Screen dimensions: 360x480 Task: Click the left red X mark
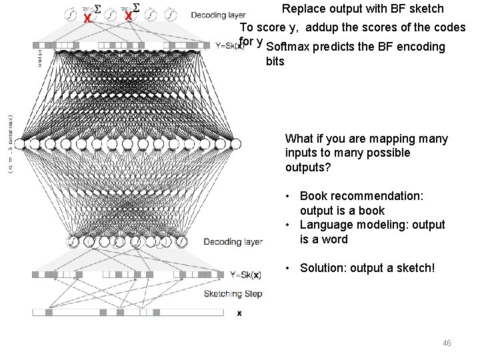87,18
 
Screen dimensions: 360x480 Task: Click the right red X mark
129,16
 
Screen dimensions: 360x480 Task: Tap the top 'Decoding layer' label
218,15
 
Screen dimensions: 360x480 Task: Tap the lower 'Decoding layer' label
233,241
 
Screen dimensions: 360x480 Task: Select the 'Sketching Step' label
233,293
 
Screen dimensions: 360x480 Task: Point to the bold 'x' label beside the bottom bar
239,313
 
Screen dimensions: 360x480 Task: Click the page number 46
447,343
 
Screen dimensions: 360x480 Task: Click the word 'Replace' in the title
304,9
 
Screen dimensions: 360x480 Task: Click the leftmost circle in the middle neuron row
19,143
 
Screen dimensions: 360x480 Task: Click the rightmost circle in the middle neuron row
235,143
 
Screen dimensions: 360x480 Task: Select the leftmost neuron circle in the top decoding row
71,14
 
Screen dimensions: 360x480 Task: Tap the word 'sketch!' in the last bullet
413,268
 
